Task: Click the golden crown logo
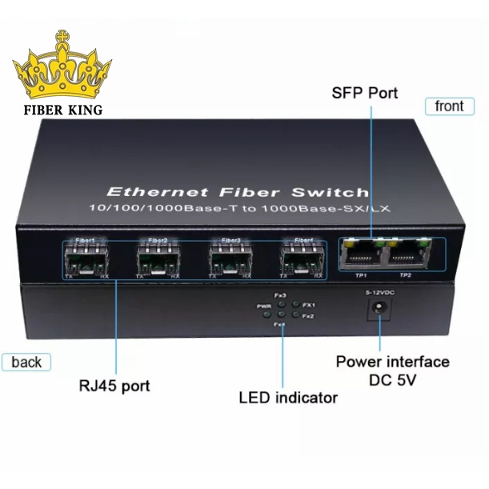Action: point(63,70)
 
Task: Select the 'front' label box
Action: point(448,106)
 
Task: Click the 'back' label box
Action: point(26,363)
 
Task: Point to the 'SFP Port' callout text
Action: point(365,93)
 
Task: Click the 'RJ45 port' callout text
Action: point(114,386)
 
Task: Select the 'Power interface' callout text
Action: point(392,362)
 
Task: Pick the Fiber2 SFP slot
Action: point(158,258)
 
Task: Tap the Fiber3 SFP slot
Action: point(230,258)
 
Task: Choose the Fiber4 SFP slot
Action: point(303,258)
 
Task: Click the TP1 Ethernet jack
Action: point(361,254)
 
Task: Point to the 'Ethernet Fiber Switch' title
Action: point(238,192)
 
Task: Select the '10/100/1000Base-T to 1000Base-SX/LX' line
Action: point(238,208)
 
